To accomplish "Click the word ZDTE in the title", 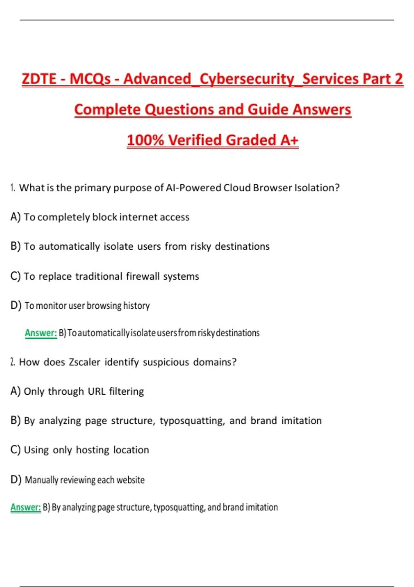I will click(39, 79).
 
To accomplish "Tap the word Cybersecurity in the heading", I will click(247, 79).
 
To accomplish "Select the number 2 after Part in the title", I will click(399, 79).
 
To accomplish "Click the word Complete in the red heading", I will click(107, 110).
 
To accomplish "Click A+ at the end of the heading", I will click(289, 140).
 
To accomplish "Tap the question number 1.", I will click(13, 188).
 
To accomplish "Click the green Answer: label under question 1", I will click(41, 333).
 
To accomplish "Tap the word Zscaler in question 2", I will click(85, 362).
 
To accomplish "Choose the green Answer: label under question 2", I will click(26, 507).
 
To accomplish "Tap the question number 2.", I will click(13, 362).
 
